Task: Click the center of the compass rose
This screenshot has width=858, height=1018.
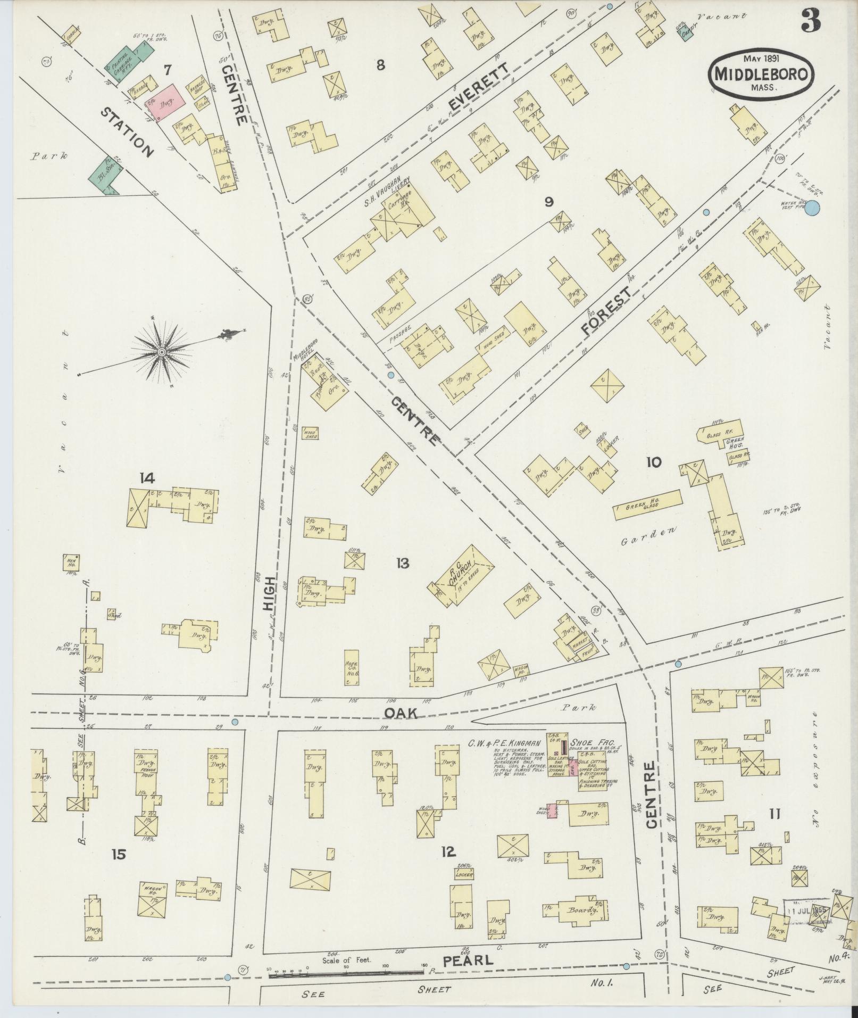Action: (162, 352)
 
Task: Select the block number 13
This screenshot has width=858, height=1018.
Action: (402, 563)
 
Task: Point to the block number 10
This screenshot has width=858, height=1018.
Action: (653, 462)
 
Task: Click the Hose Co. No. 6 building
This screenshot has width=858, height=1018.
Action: (352, 667)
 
